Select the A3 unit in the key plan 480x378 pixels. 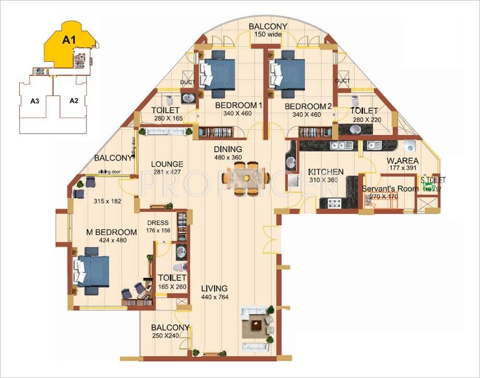click(35, 101)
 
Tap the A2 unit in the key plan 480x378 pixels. click(74, 101)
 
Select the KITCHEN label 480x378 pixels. click(326, 172)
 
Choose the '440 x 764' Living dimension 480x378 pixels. click(214, 297)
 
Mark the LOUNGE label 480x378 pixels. click(167, 164)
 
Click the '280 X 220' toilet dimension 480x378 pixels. click(364, 119)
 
